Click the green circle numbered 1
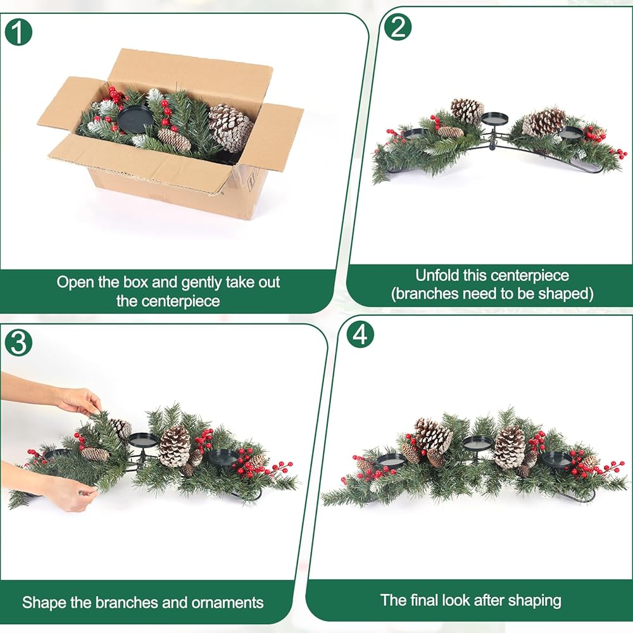point(18,32)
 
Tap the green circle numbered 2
point(398,27)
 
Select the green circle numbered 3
point(18,342)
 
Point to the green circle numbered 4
point(361,335)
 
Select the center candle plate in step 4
point(477,443)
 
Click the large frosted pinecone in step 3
point(175,446)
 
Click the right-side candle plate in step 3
point(224,456)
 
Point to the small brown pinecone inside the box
point(174,139)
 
